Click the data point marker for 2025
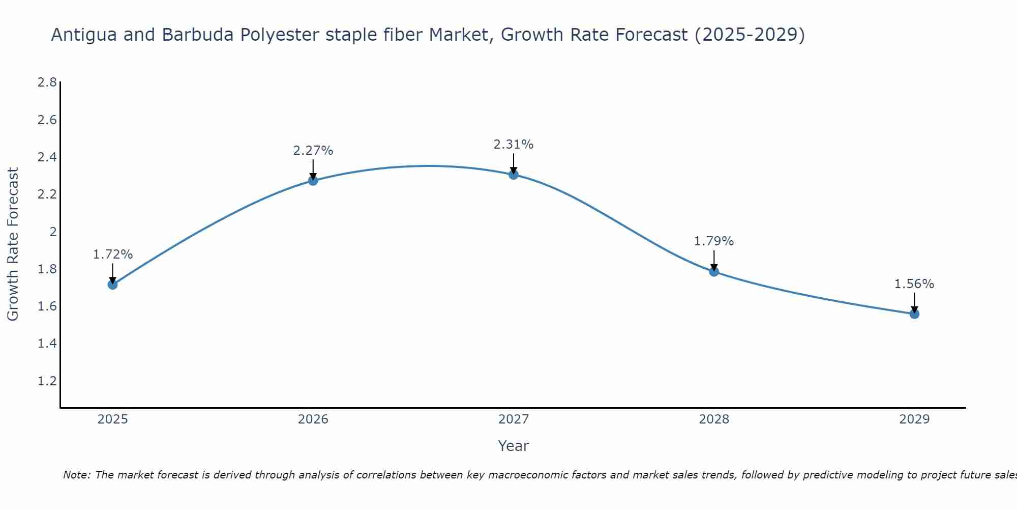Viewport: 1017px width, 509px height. [x=113, y=285]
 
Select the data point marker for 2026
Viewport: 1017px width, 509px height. [x=313, y=180]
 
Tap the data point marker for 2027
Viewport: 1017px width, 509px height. [x=514, y=175]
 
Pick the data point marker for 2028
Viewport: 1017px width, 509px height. [x=714, y=271]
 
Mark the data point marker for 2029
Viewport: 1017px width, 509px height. [x=914, y=314]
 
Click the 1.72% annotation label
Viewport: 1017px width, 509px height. [x=113, y=254]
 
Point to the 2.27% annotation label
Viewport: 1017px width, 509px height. [x=313, y=151]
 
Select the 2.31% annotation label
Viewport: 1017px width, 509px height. [x=514, y=145]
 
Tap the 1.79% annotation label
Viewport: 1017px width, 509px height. [x=714, y=241]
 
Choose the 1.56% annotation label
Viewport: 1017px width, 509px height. [x=914, y=284]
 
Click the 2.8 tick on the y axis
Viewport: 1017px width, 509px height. [x=47, y=82]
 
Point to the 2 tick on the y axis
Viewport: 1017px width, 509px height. [x=53, y=232]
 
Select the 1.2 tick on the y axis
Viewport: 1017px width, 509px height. [x=47, y=381]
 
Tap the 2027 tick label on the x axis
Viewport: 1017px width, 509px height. [x=514, y=419]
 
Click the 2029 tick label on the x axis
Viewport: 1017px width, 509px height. [x=914, y=419]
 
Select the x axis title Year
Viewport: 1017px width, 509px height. [x=514, y=446]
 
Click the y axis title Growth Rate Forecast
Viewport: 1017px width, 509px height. [x=13, y=244]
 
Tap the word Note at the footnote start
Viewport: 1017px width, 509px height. [x=76, y=475]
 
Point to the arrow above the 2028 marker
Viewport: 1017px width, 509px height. [x=714, y=260]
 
